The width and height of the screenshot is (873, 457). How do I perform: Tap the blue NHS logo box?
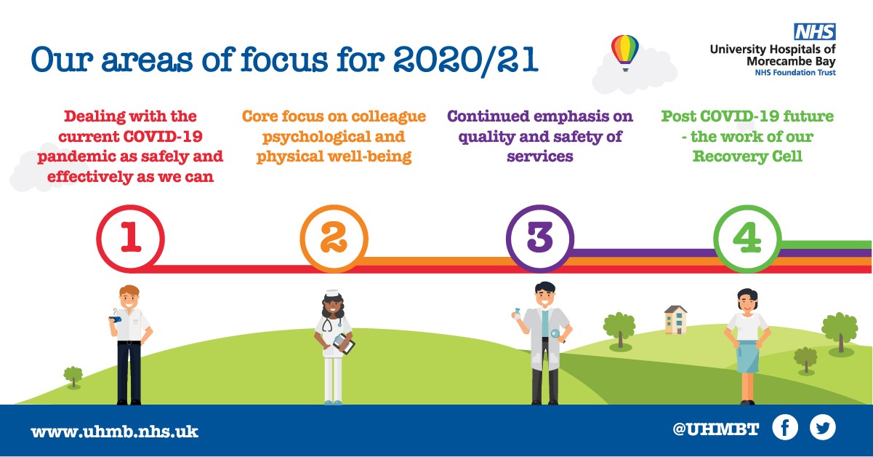pos(815,31)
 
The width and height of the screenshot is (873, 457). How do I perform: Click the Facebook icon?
pos(785,427)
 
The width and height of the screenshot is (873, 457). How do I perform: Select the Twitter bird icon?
pos(823,427)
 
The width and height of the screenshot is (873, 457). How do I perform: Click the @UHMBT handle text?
pos(715,429)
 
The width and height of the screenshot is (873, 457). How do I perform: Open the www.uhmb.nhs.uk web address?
pos(115,432)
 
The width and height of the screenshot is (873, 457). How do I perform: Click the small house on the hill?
pos(676,320)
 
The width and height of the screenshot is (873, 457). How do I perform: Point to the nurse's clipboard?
pos(344,343)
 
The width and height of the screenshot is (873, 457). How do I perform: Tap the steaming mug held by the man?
pos(116,317)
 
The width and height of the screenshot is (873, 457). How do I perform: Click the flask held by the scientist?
pos(517,314)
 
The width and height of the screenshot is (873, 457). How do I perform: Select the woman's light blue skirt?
pos(747,357)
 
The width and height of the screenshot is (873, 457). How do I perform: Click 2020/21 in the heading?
pos(466,60)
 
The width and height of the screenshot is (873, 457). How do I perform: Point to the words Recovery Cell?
pos(747,156)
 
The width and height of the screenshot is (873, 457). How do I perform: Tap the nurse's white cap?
pos(333,293)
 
